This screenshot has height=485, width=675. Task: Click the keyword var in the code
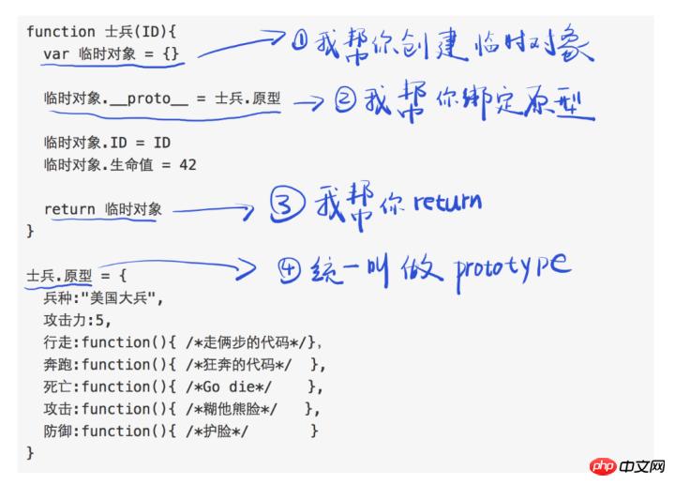point(56,54)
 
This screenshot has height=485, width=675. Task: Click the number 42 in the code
point(187,164)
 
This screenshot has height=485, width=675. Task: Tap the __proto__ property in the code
point(149,99)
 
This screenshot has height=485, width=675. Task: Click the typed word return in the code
point(69,209)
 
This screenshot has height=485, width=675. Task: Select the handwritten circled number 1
point(300,41)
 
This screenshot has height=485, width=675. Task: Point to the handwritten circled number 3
point(287,205)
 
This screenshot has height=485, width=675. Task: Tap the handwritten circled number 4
point(289,270)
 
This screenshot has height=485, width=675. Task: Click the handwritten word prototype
point(513,269)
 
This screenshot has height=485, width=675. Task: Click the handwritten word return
point(447,203)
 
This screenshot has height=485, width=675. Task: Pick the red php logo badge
point(604,466)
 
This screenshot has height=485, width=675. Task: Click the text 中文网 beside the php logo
point(642,466)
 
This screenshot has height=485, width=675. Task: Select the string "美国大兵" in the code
point(118,298)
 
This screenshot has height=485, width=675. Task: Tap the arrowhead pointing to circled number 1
point(276,36)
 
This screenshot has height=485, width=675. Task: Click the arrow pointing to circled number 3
point(213,210)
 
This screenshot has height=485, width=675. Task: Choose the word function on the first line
point(61,32)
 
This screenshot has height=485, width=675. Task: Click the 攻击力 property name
point(65,321)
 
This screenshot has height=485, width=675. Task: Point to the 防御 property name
point(58,431)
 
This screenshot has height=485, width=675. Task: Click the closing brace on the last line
point(30,453)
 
